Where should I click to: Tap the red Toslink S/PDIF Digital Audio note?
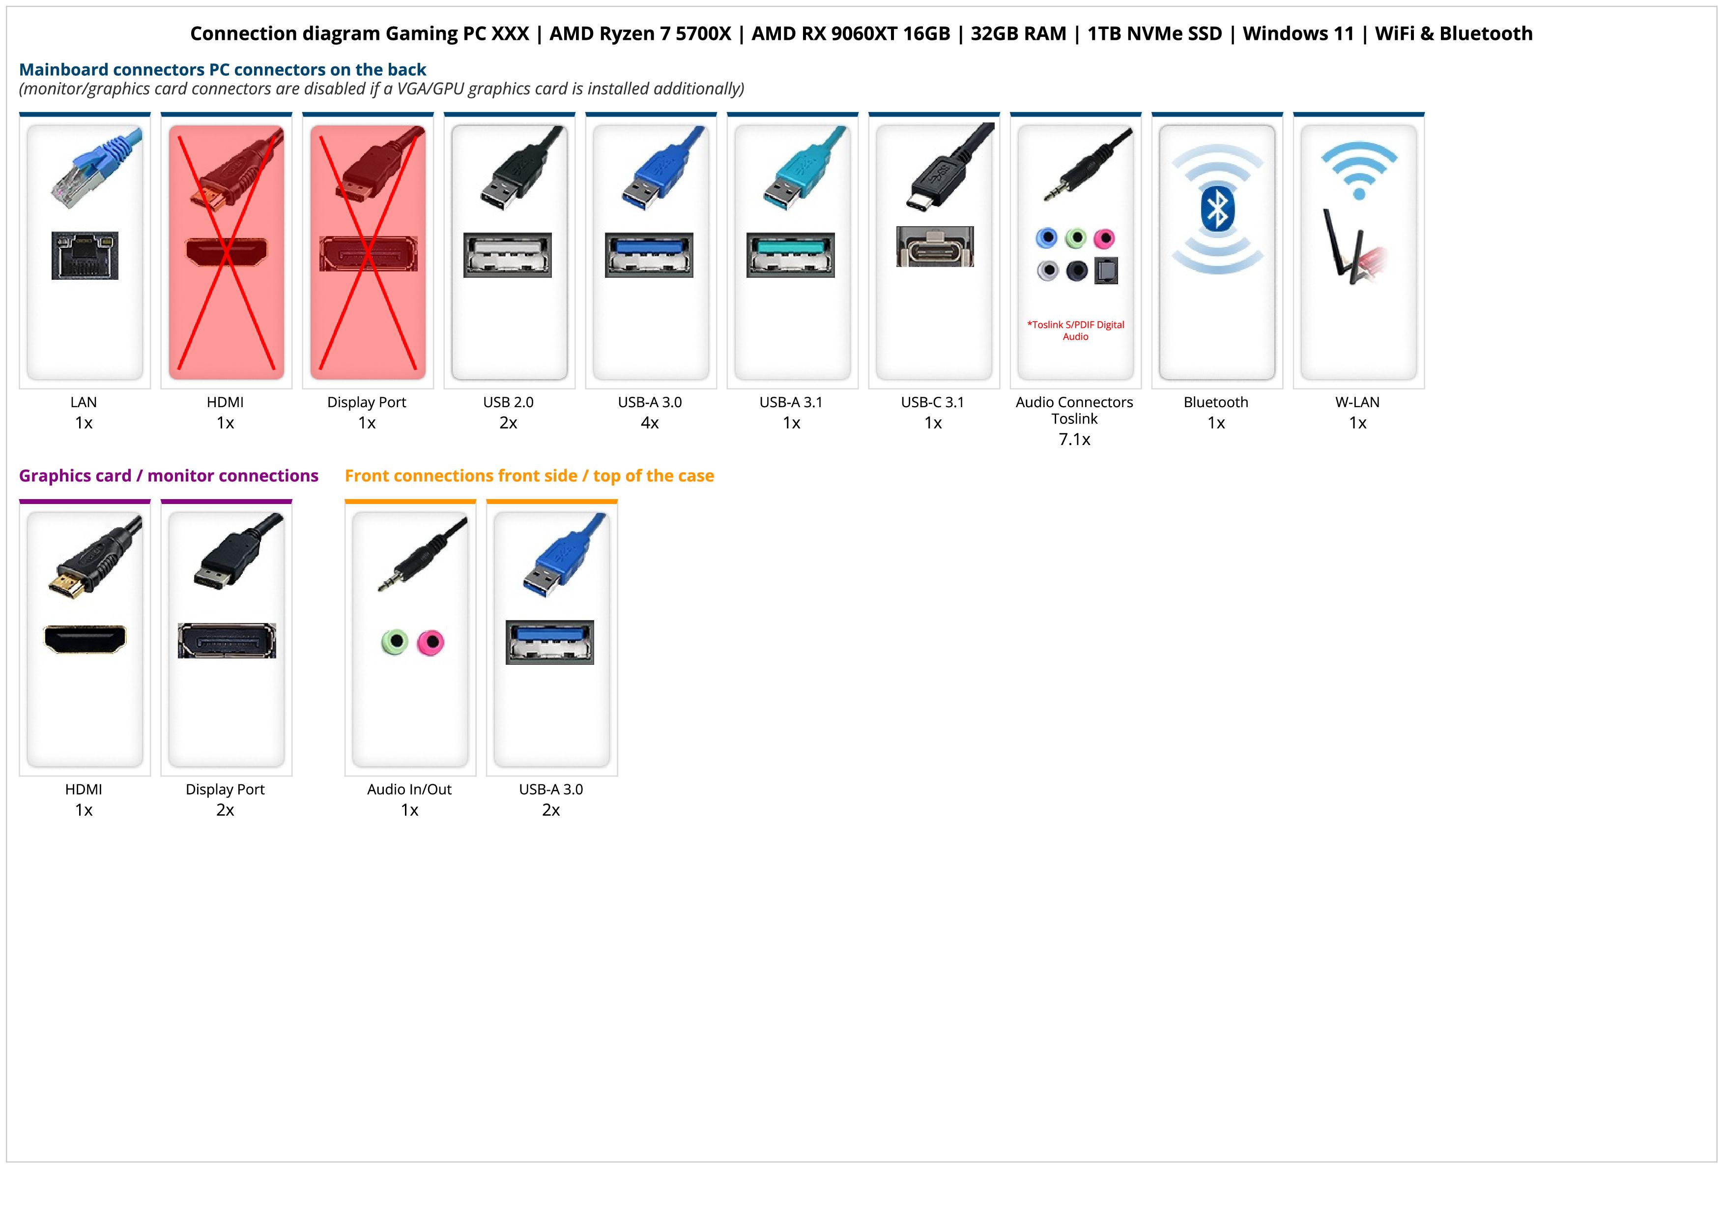[x=1075, y=330]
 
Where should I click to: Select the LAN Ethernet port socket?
[x=85, y=255]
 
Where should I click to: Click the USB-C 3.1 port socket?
[x=935, y=246]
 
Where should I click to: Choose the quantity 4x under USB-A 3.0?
[x=650, y=423]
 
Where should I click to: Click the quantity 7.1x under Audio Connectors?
[x=1074, y=440]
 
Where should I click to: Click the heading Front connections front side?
[x=529, y=476]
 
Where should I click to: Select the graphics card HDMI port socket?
[x=85, y=639]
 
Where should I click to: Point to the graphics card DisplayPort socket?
[x=227, y=641]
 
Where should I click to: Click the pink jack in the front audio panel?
[x=431, y=642]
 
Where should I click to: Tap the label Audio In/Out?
[x=409, y=789]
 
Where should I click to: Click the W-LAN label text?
[x=1357, y=402]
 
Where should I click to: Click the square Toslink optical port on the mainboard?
[x=1106, y=270]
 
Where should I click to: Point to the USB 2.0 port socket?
[x=508, y=255]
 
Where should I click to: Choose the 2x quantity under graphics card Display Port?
[x=225, y=810]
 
